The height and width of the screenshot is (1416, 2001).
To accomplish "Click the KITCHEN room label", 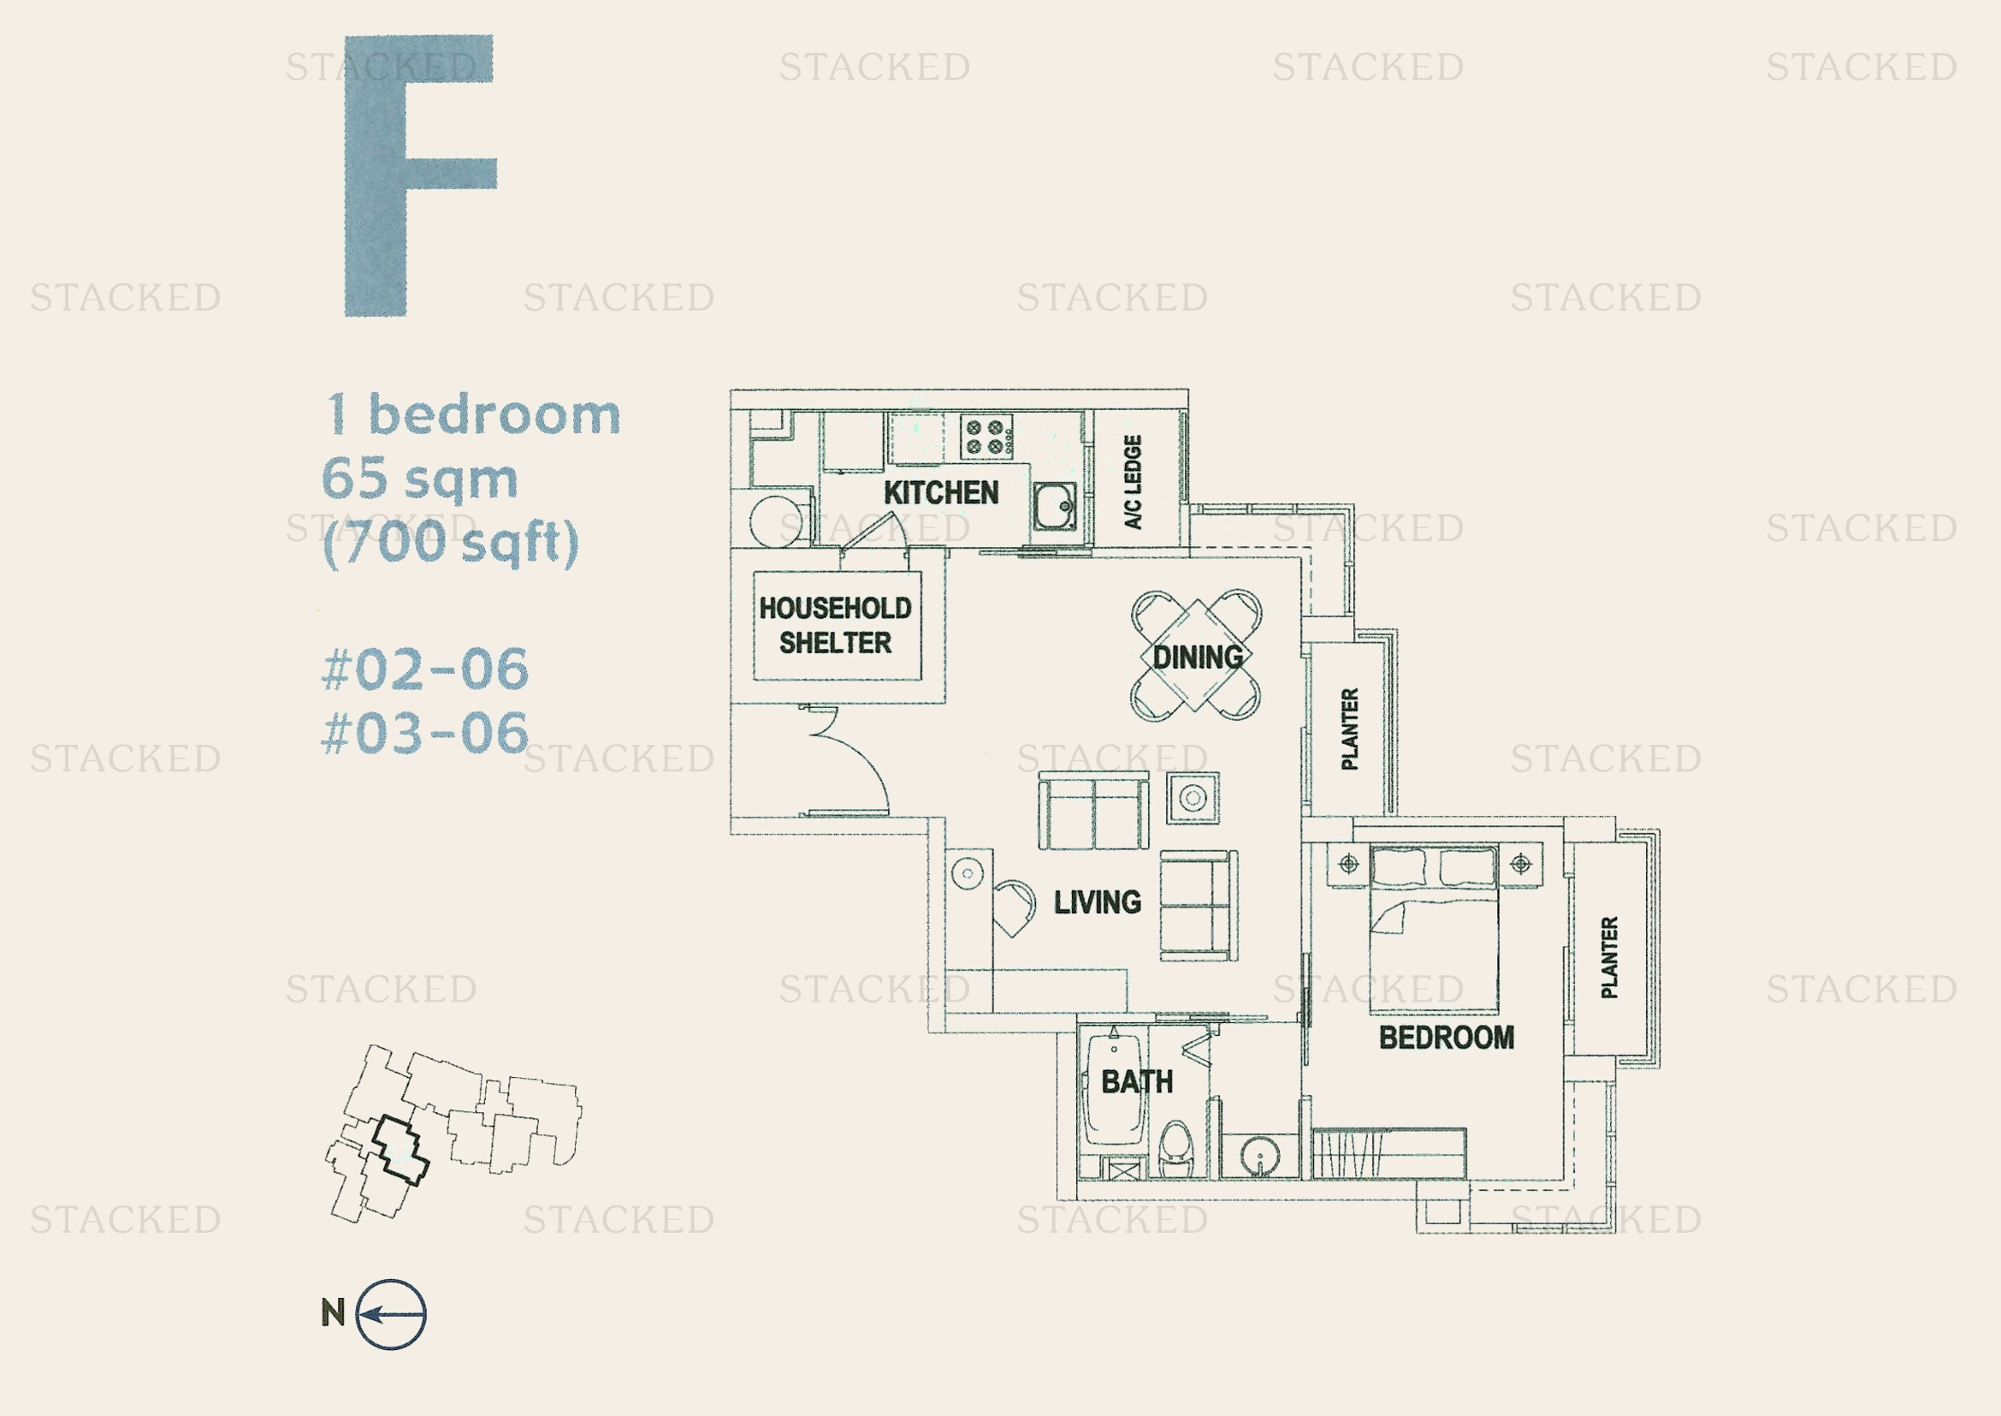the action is [941, 492].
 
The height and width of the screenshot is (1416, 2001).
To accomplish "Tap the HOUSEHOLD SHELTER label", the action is [835, 625].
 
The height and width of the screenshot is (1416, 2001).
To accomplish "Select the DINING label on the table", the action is [1198, 657].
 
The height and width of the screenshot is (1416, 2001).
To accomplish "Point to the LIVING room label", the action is [1098, 901].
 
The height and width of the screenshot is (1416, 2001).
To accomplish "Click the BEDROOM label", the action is [1447, 1038].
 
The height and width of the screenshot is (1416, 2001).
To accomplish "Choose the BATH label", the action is [1137, 1082].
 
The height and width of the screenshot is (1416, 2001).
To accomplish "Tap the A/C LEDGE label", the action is [1133, 481].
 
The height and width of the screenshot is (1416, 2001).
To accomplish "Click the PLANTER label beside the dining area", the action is [1350, 729].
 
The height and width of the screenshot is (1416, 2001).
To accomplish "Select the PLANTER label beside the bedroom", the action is [1610, 957].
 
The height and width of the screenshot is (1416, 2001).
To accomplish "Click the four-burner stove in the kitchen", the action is [986, 437].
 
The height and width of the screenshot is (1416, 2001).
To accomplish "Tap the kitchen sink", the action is [1055, 506].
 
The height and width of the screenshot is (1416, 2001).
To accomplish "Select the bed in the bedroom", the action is [1435, 929].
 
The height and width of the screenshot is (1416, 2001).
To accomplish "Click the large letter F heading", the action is [420, 176].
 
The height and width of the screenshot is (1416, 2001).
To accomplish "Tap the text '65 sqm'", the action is [420, 479].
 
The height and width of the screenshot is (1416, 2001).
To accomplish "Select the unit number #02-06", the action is [425, 669].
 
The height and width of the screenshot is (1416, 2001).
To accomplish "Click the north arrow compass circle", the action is [391, 1315].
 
